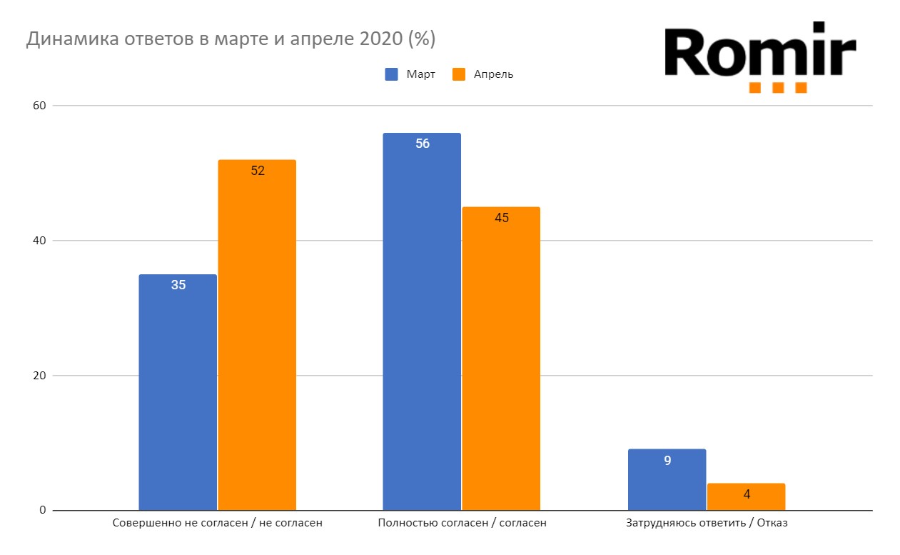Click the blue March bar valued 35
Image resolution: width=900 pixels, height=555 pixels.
tap(178, 392)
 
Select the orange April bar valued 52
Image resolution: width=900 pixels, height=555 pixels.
tap(257, 335)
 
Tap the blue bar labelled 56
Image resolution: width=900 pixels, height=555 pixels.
tap(422, 321)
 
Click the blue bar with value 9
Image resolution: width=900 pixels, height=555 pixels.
tap(667, 479)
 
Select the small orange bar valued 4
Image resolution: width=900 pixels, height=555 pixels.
tap(746, 497)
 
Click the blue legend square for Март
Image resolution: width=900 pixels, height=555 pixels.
tap(391, 74)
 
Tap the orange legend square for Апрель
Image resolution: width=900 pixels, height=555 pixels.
tap(458, 74)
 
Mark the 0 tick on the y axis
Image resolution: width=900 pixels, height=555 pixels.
tap(41, 511)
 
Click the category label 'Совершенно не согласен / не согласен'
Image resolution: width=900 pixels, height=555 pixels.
tap(218, 523)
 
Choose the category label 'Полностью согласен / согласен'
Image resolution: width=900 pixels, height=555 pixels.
tap(462, 523)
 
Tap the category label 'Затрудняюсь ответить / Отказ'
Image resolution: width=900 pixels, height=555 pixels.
tap(707, 523)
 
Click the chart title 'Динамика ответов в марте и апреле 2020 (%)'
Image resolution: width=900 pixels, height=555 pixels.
tap(231, 39)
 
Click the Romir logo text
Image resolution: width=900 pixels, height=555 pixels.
tap(759, 51)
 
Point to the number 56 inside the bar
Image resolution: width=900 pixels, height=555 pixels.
tap(422, 144)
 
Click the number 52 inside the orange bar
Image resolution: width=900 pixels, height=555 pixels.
tap(258, 171)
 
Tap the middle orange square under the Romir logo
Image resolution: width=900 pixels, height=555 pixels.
tap(778, 88)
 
